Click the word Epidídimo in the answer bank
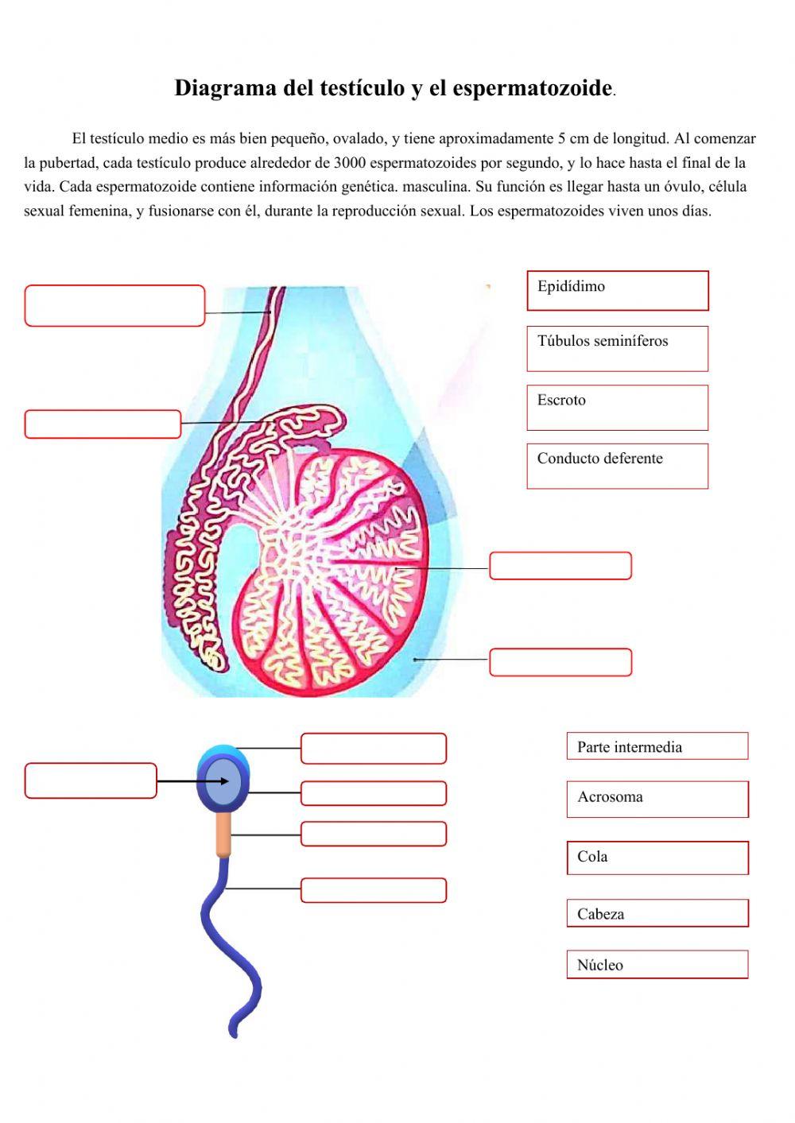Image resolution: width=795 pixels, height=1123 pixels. pyautogui.click(x=571, y=286)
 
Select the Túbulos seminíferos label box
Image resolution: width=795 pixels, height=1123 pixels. pyautogui.click(x=617, y=348)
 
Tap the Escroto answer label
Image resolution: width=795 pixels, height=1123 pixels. pyautogui.click(x=617, y=407)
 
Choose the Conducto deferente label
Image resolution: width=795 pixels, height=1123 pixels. pyautogui.click(x=617, y=466)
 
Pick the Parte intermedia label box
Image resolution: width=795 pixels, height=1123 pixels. pyautogui.click(x=657, y=746)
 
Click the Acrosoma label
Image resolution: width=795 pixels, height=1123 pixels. pyautogui.click(x=657, y=798)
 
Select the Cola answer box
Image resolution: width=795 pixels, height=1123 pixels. pyautogui.click(x=657, y=858)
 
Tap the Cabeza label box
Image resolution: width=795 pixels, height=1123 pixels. pyautogui.click(x=657, y=913)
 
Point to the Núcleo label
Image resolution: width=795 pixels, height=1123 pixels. pyautogui.click(x=657, y=965)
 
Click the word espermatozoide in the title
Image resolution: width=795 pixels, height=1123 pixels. pyautogui.click(x=532, y=87)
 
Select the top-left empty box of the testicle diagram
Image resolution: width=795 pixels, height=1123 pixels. pyautogui.click(x=114, y=306)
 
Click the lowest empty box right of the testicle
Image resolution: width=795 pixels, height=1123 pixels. pyautogui.click(x=560, y=662)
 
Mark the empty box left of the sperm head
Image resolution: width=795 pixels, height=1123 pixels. pyautogui.click(x=91, y=780)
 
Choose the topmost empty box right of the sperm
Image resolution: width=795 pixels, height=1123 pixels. pyautogui.click(x=374, y=748)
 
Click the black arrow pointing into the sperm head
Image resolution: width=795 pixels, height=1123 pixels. pyautogui.click(x=191, y=781)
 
